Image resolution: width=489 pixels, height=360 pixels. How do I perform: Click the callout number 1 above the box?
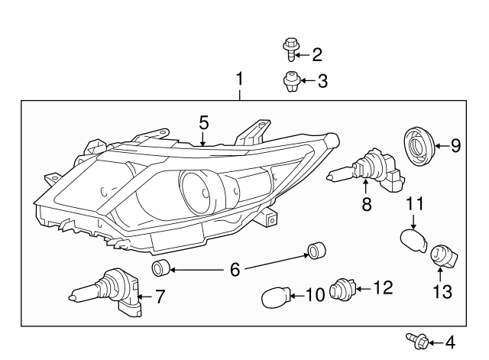[240, 79]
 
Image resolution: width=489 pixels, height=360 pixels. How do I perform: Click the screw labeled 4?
[413, 341]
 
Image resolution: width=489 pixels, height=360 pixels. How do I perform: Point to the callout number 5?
[203, 122]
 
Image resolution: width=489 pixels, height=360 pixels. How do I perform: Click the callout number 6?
[235, 268]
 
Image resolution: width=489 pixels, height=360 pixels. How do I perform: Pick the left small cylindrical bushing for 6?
[160, 268]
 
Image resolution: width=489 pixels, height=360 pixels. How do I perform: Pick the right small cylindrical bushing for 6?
[316, 250]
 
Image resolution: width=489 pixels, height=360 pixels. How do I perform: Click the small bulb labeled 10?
[277, 295]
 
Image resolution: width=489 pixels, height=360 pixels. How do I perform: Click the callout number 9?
[455, 144]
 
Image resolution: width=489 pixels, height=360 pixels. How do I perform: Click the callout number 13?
[442, 291]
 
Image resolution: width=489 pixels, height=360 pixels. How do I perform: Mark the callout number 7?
[160, 296]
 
